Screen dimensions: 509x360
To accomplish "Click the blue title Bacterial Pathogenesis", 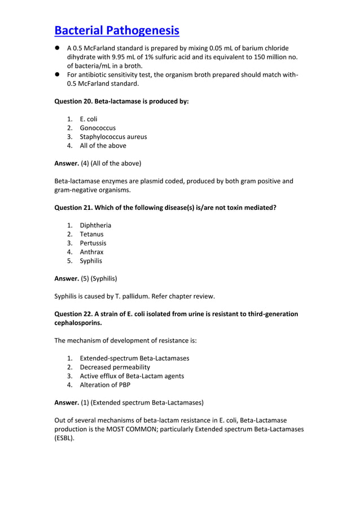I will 117,30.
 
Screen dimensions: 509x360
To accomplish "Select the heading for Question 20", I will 121,102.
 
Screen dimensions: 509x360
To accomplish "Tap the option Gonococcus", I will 97,128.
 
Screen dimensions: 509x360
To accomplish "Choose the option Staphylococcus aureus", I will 113,137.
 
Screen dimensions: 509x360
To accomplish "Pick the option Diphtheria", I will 95,225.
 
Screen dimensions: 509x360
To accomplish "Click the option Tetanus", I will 91,234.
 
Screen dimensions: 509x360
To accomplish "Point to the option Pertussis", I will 93,243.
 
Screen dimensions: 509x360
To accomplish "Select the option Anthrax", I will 91,252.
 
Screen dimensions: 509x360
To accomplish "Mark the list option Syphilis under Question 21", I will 91,261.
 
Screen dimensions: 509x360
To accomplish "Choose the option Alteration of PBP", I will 104,385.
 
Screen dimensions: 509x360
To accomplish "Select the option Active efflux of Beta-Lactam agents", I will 131,376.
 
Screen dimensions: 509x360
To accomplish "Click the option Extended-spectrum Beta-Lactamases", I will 134,358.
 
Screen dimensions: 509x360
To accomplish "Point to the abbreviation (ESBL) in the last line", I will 64,438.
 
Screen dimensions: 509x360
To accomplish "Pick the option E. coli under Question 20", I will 89,119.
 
